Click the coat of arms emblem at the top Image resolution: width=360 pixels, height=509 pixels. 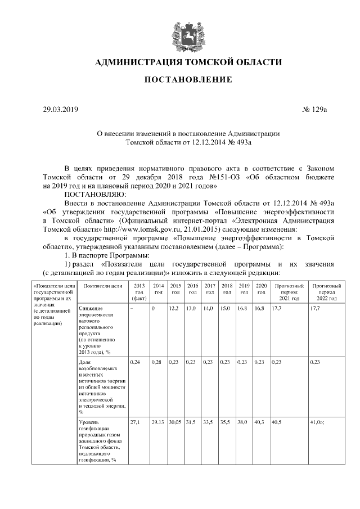pyautogui.click(x=180, y=35)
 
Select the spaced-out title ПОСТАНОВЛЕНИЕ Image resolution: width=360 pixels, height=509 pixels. pyautogui.click(x=180, y=80)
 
